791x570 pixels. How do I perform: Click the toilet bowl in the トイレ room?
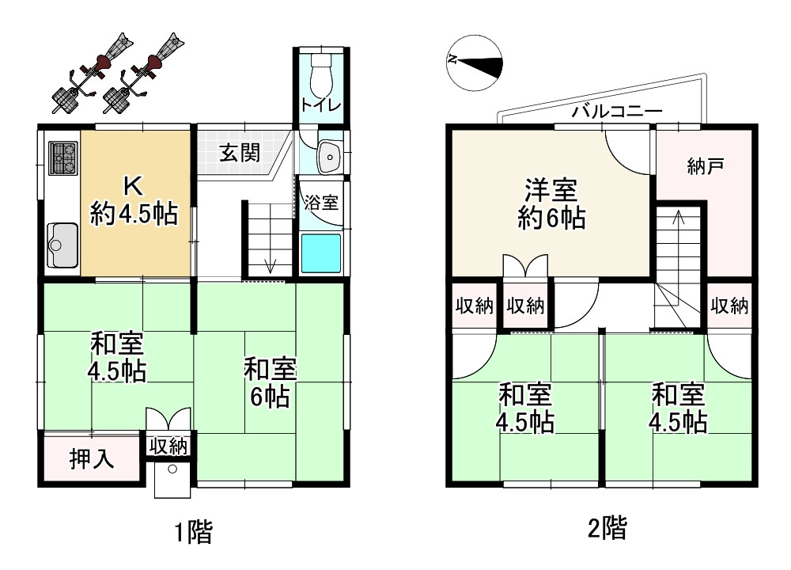pyautogui.click(x=322, y=76)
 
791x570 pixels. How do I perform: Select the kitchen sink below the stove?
pyautogui.click(x=61, y=245)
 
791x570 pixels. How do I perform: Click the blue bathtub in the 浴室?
pyautogui.click(x=320, y=253)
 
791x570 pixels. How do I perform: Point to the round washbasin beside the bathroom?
pyautogui.click(x=328, y=158)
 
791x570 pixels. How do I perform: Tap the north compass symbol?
pyautogui.click(x=475, y=61)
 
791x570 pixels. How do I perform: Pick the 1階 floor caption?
pyautogui.click(x=193, y=532)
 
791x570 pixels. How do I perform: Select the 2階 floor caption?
pyautogui.click(x=607, y=528)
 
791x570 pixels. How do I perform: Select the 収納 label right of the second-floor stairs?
pyautogui.click(x=729, y=306)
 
